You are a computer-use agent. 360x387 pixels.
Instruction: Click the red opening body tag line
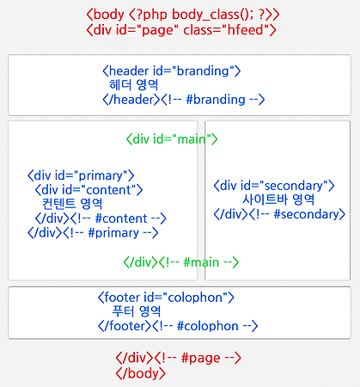pos(183,15)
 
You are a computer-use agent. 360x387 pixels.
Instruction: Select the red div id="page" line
pos(181,30)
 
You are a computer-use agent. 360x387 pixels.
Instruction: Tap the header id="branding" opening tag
pos(172,71)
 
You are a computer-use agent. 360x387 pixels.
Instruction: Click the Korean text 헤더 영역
pos(133,85)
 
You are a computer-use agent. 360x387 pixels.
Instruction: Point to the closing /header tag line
pos(184,100)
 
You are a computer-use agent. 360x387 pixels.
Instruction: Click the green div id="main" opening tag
pos(172,139)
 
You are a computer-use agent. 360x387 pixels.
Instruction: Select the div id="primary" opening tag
pos(81,175)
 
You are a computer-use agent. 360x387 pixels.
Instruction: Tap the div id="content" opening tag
pos(88,190)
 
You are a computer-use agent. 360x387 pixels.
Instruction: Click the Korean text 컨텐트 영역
pos(72,204)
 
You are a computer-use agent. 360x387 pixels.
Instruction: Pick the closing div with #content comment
pos(101,218)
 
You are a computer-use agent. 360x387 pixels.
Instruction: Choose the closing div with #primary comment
pos(93,233)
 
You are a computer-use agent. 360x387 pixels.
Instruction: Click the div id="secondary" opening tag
pos(274,186)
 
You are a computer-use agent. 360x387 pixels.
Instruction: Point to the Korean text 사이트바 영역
pos(278,200)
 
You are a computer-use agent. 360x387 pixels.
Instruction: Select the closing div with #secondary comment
pos(279,214)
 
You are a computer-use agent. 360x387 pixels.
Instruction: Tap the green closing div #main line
pos(181,262)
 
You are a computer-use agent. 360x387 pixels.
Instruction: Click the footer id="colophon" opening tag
pos(166,298)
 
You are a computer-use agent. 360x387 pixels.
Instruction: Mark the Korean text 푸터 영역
pos(137,311)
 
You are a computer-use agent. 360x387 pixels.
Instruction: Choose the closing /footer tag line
pos(178,326)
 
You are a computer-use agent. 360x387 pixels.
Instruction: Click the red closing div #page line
pos(179,358)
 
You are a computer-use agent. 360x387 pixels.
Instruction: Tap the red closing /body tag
pos(141,373)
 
